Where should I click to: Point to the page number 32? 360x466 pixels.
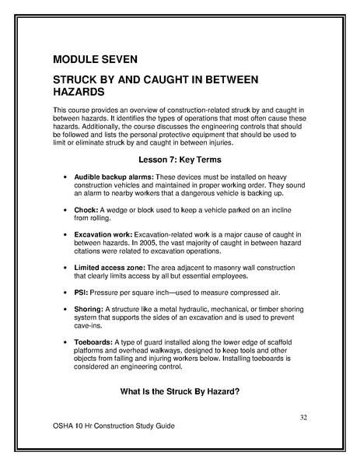pos(304,418)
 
